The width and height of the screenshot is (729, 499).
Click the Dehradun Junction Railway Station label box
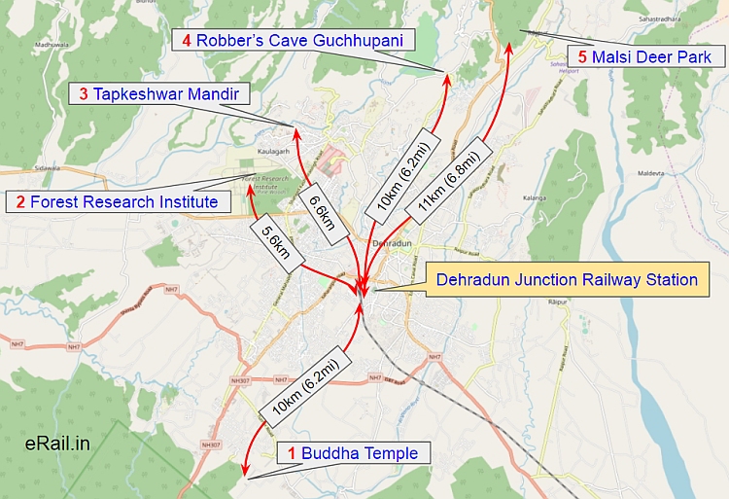(567, 280)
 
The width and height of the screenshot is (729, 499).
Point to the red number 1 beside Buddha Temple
(293, 453)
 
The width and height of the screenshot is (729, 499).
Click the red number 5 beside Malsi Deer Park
(582, 57)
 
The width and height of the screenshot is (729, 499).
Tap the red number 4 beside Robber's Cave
(186, 40)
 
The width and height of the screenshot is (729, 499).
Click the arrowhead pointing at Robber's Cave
(448, 79)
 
